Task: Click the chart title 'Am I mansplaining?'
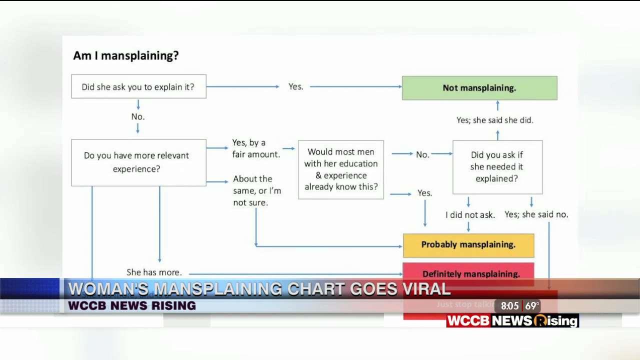pos(125,55)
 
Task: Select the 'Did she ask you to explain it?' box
pos(138,86)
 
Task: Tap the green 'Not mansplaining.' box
pos(479,88)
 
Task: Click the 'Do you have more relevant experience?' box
pos(138,162)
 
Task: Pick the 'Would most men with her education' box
pos(341,169)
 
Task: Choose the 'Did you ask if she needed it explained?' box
pos(497,166)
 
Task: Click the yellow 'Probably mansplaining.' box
pos(468,245)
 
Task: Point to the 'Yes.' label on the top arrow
pos(295,86)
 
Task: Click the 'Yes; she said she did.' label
pos(494,120)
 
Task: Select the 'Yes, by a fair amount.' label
pos(255,148)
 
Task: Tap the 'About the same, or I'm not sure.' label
pos(256,190)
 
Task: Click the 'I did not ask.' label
pos(470,215)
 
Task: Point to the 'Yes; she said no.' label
pos(536,214)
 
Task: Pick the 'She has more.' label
pos(154,272)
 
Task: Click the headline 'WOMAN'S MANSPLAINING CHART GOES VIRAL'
pos(259,289)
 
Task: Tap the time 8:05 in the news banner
pos(509,306)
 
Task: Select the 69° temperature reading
pos(532,306)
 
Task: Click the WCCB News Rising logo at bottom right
pos(512,321)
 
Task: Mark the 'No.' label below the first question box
pos(138,116)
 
